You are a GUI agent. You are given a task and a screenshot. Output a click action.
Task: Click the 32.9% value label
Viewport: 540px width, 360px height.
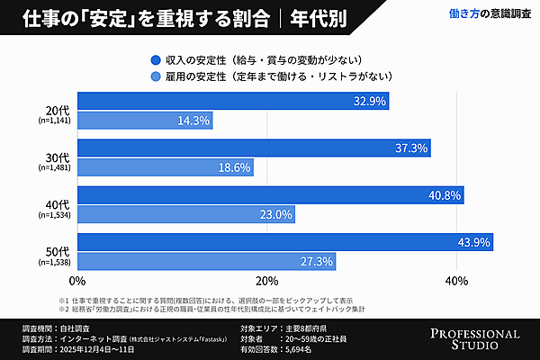pyautogui.click(x=371, y=101)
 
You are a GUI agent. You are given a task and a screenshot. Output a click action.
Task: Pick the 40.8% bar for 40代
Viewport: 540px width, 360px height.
pyautogui.click(x=270, y=194)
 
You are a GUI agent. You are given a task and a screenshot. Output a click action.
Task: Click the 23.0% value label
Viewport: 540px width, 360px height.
pyautogui.click(x=275, y=214)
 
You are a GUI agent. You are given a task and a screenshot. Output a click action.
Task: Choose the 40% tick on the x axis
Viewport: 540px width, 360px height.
pyautogui.click(x=457, y=282)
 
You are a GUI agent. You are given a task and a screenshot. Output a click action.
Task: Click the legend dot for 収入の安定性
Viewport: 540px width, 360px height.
pyautogui.click(x=157, y=60)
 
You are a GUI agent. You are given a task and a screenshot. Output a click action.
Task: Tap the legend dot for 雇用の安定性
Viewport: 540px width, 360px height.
pyautogui.click(x=157, y=76)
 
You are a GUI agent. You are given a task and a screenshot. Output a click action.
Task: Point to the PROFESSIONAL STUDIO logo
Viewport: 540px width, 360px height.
pyautogui.click(x=475, y=338)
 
